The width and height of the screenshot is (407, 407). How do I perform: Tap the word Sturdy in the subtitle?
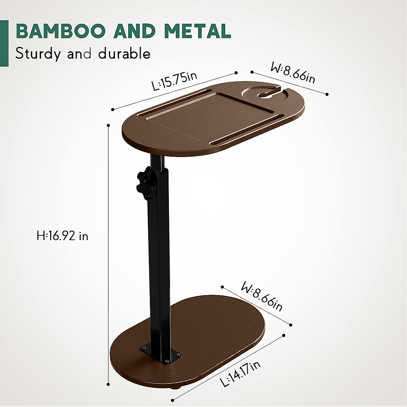tap(38, 54)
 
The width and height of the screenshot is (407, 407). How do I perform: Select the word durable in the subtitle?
tap(124, 54)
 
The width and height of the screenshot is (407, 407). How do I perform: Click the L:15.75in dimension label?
tap(174, 81)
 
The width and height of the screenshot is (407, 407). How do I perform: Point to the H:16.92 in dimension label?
tap(62, 236)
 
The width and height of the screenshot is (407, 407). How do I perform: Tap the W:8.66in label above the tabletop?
tap(293, 73)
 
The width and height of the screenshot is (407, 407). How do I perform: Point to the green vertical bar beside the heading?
tap(4, 43)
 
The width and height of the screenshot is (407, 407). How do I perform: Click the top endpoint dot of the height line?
tap(109, 125)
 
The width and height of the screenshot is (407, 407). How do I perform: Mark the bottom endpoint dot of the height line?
tap(109, 384)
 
